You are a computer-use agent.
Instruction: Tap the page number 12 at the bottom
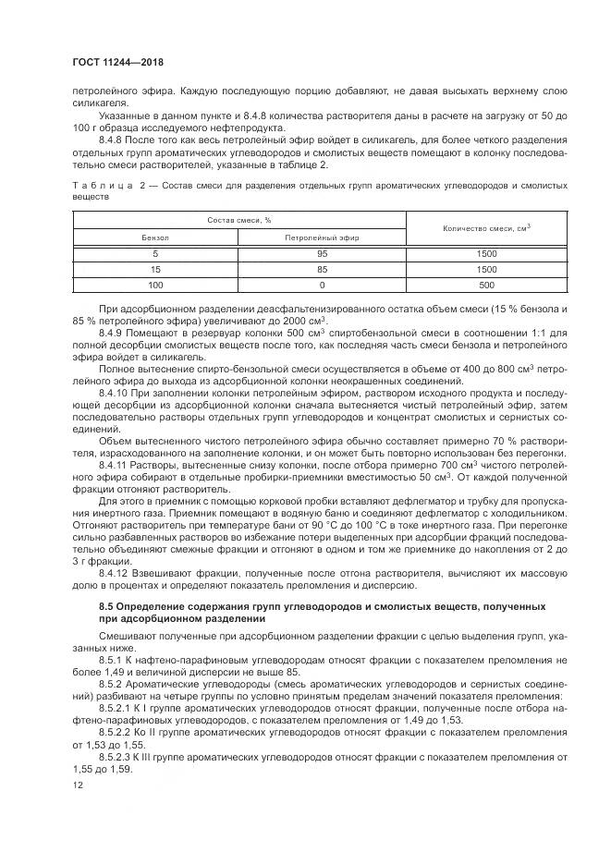(x=79, y=785)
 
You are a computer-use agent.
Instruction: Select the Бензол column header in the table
(x=155, y=237)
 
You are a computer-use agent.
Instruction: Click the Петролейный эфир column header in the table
(x=322, y=237)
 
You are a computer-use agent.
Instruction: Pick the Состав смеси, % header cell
(x=238, y=220)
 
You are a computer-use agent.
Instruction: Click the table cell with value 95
(x=322, y=253)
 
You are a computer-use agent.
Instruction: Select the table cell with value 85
(x=322, y=269)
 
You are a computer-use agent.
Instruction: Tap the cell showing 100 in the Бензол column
(x=155, y=285)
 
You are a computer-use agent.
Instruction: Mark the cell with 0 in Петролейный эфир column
(x=322, y=285)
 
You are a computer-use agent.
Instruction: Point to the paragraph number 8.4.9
(x=111, y=332)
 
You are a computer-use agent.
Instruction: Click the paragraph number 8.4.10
(x=114, y=392)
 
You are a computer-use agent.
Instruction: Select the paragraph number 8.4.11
(x=114, y=465)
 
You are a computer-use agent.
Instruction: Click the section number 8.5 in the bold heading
(x=106, y=606)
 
